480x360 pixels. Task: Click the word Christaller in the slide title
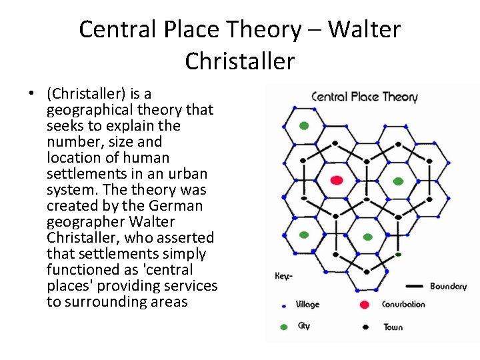[239, 61]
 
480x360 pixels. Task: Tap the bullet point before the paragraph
[31, 94]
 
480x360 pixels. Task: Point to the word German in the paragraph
[177, 205]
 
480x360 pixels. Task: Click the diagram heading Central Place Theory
[364, 97]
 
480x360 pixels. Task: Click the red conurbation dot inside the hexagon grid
[337, 180]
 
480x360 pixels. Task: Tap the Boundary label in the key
[448, 287]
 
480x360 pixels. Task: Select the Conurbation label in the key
[403, 305]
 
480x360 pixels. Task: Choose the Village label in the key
[307, 305]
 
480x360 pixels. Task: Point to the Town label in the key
[393, 327]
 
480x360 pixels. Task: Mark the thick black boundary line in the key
[414, 286]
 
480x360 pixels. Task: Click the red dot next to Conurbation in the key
[364, 305]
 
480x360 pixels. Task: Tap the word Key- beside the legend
[283, 275]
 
